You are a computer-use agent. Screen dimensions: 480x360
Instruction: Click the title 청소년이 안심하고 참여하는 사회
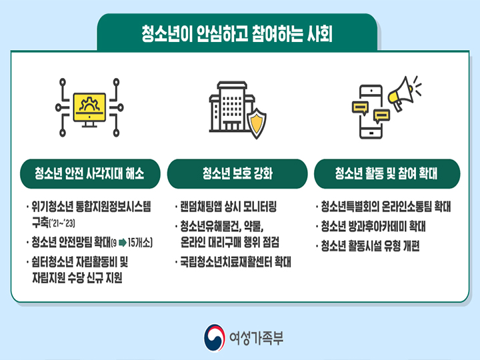point(237,33)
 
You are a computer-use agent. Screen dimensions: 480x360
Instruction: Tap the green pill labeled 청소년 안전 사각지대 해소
point(90,173)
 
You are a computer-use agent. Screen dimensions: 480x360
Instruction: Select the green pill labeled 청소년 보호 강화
point(237,173)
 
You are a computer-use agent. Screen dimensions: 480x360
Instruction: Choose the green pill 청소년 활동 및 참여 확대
point(387,173)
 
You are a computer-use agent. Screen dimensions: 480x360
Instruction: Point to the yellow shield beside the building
point(257,123)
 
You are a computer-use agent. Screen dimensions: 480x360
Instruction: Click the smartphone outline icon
point(371,111)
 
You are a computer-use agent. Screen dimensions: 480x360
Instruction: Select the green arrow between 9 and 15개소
point(123,243)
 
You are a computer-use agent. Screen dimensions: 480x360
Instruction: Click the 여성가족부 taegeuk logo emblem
point(214,338)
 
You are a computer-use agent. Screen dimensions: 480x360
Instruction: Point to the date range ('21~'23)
point(62,223)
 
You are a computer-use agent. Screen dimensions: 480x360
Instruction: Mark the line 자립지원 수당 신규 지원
point(77,277)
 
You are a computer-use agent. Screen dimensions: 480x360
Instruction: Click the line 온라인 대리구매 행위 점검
point(229,242)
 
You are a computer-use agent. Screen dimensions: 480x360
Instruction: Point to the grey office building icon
point(231,107)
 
